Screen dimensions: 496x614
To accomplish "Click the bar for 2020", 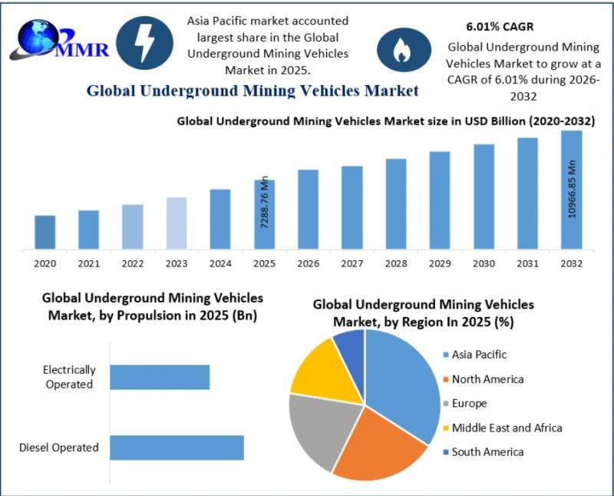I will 45,232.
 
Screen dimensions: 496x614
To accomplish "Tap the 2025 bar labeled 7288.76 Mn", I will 264,214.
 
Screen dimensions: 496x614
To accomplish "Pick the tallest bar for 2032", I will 571,190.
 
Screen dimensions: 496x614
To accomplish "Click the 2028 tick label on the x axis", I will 395,263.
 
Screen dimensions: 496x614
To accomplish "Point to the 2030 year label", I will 484,263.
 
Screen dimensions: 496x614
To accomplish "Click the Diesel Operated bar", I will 177,448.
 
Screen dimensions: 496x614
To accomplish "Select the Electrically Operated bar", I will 160,377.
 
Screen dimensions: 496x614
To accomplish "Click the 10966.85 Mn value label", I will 572,189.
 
